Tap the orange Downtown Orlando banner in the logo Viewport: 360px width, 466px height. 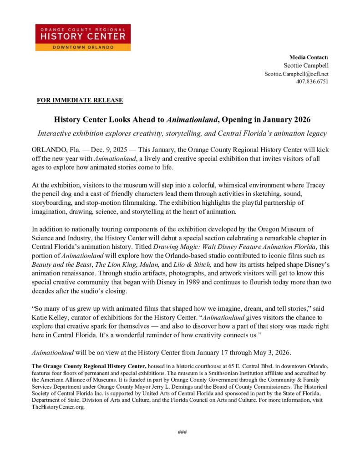point(83,47)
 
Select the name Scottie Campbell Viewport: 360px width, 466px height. point(306,66)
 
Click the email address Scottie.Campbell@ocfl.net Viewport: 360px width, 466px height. point(296,74)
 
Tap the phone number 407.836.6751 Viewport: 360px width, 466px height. point(312,82)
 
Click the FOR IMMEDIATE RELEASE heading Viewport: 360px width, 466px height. point(80,100)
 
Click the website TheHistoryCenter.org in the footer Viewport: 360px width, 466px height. point(58,408)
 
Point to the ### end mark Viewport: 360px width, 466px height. point(182,432)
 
